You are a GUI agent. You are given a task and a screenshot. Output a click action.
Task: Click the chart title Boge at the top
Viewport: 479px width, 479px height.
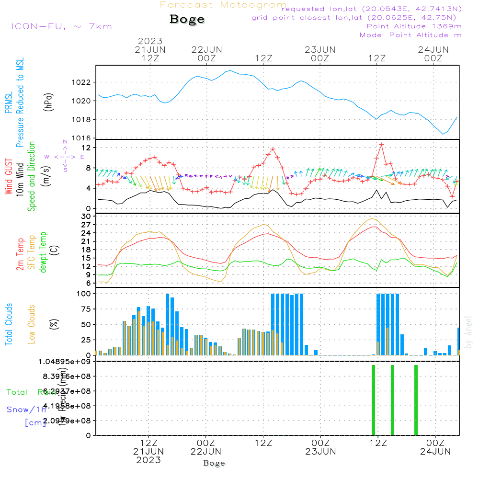187,20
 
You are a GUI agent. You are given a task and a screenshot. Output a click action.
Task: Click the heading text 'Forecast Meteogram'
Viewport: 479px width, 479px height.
223,5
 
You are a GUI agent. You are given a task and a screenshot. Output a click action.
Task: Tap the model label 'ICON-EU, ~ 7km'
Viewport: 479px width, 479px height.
61,26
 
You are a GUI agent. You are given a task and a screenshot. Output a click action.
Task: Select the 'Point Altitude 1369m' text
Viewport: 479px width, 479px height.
414,26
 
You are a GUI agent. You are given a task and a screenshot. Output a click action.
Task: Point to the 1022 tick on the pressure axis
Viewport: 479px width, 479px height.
84,82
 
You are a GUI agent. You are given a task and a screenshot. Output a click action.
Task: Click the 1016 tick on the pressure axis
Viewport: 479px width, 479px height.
84,138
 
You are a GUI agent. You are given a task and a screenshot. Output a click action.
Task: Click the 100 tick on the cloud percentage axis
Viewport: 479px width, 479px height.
85,294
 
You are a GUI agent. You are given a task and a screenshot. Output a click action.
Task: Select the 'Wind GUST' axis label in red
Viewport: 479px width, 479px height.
9,177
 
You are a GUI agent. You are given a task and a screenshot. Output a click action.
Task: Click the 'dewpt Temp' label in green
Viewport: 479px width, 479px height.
43,252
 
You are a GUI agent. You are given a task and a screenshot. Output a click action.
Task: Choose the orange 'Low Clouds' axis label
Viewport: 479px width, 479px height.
32,324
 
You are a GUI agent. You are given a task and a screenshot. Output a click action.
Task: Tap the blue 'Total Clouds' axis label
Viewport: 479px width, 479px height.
9,324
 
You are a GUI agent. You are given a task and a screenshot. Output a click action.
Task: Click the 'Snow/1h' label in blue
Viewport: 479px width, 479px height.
26,410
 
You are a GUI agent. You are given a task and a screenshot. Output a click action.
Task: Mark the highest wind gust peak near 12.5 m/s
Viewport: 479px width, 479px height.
381,144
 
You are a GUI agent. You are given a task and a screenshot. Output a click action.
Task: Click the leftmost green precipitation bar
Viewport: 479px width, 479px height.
373,400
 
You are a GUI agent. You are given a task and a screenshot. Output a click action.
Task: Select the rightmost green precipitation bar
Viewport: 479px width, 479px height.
416,400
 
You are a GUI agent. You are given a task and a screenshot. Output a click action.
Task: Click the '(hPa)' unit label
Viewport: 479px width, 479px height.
48,102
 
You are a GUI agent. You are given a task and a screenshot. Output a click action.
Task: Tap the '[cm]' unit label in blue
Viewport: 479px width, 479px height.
35,422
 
